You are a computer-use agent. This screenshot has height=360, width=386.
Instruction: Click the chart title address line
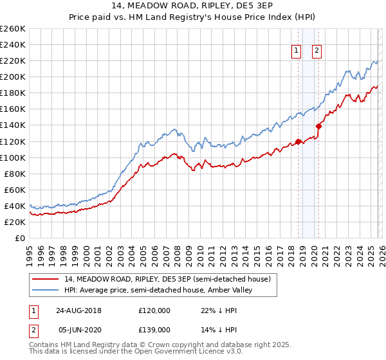[x=192, y=6]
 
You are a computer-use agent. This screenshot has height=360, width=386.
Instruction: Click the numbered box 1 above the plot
[x=296, y=53]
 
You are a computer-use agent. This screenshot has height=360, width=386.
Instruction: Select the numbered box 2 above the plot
[x=317, y=53]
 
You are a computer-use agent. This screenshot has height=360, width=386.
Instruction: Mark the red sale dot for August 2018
[x=298, y=141]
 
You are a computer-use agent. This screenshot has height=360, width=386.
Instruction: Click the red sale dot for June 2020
[x=318, y=126]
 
